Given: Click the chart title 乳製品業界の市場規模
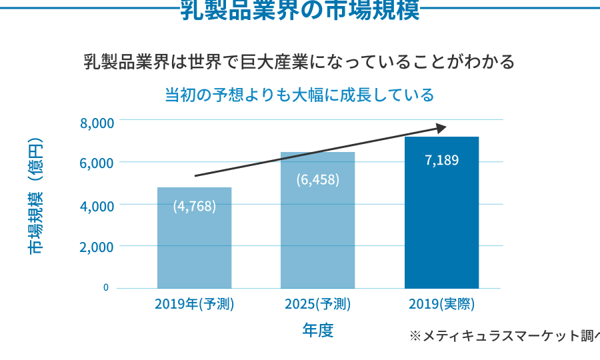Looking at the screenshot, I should (x=300, y=11).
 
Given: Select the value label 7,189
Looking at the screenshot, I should (x=441, y=160).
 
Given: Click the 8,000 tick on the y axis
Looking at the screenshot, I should (x=97, y=123).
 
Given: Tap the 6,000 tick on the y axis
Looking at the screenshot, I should (x=97, y=164).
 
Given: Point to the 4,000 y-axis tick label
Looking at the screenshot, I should (x=97, y=206).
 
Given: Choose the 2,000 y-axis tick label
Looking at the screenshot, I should (x=97, y=247).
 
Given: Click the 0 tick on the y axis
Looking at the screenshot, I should (x=106, y=287).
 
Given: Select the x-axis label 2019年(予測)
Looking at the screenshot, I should (x=194, y=305).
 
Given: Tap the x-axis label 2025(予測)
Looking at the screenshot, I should (x=317, y=305).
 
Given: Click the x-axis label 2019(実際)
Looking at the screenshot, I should (x=441, y=305).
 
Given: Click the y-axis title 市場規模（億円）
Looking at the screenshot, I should (x=35, y=197).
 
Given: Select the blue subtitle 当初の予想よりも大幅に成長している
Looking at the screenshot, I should (x=299, y=95).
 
